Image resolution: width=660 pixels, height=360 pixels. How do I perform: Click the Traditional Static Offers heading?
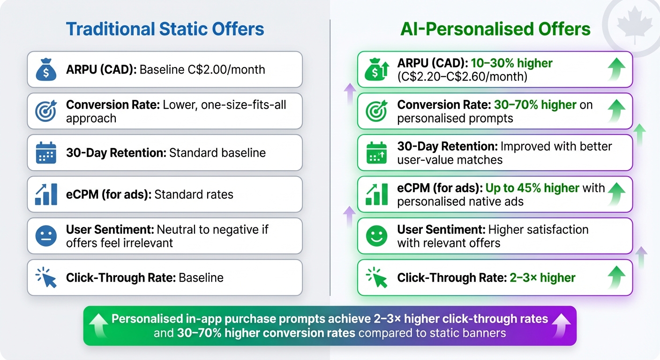(165, 29)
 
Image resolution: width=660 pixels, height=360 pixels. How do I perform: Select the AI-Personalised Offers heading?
(495, 29)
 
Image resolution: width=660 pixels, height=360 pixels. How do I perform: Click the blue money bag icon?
(46, 70)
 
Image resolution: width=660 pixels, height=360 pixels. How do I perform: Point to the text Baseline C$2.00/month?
(202, 70)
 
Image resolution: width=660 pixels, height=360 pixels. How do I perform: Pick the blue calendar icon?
(46, 153)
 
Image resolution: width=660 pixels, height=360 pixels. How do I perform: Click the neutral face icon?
(46, 236)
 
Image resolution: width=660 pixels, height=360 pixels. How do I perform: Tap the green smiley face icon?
(377, 236)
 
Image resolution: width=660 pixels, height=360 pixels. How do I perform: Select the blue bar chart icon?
(46, 195)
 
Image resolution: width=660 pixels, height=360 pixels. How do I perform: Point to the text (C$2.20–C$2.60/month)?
(462, 76)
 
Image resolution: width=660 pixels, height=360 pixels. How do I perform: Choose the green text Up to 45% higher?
(532, 188)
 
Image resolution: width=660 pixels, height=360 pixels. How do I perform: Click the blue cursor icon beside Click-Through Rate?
(46, 277)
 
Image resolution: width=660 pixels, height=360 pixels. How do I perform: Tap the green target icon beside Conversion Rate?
(377, 111)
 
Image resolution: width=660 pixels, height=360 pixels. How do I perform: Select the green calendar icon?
(377, 153)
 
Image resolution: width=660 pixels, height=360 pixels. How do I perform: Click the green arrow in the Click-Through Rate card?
(617, 277)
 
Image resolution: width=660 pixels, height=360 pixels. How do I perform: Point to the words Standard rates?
(194, 195)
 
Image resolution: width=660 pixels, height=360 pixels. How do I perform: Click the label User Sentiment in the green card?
(441, 230)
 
